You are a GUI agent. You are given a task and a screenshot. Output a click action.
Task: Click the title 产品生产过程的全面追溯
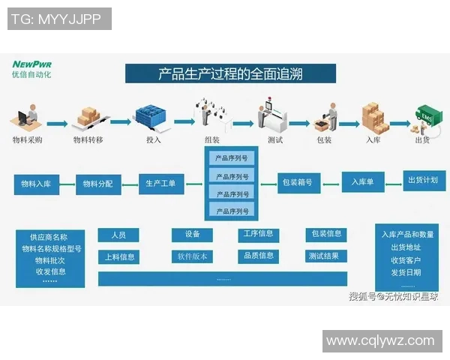(230, 73)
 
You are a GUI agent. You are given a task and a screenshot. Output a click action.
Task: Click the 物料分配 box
(97, 184)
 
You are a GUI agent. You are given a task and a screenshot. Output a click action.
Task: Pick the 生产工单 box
(160, 184)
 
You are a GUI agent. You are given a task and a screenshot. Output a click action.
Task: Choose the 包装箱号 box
(299, 181)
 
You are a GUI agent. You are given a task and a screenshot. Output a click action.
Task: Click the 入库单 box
(363, 181)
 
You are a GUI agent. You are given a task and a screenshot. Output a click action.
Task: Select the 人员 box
(118, 235)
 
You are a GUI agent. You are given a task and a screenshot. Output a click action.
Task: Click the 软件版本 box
(193, 256)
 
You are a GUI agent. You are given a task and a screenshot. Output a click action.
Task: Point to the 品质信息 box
(258, 256)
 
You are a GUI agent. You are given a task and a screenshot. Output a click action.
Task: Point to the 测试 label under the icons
(275, 139)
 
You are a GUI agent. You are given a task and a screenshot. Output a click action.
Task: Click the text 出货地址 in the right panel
(406, 247)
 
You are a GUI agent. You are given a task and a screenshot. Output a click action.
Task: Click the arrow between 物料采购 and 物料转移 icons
(57, 122)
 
